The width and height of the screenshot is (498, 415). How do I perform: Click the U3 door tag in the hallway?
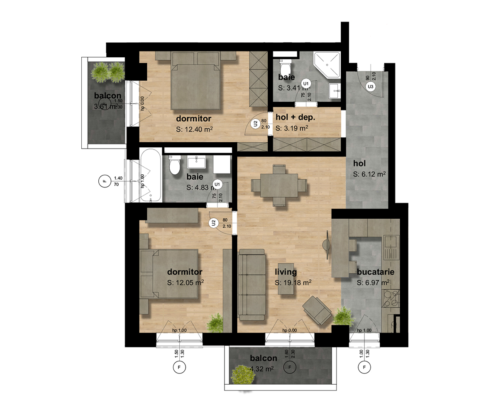pos(370,86)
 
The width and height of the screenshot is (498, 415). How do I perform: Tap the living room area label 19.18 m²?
pos(293,283)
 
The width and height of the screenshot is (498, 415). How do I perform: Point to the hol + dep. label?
pos(295,118)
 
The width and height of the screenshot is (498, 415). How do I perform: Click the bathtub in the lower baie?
pos(151,176)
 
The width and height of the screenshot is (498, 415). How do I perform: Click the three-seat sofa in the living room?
pos(251,284)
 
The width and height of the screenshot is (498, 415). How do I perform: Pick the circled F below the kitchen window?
pos(364,367)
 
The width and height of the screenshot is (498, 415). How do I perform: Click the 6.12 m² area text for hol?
pos(370,175)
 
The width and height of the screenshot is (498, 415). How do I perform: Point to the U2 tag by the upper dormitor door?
pos(256,123)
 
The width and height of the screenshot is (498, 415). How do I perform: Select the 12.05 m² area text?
pos(185,282)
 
